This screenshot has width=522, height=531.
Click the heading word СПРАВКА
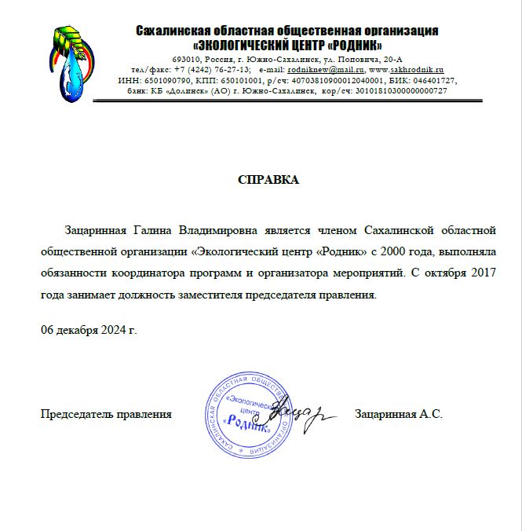268,180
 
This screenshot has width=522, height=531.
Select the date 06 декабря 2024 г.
89,330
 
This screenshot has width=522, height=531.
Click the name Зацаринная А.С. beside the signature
399,413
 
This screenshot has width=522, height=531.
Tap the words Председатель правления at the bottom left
106,413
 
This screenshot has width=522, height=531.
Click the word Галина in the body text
154,230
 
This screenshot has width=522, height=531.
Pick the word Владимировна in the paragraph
224,230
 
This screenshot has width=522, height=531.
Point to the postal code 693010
184,60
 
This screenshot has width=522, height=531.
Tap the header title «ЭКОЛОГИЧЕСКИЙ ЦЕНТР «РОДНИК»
287,45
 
